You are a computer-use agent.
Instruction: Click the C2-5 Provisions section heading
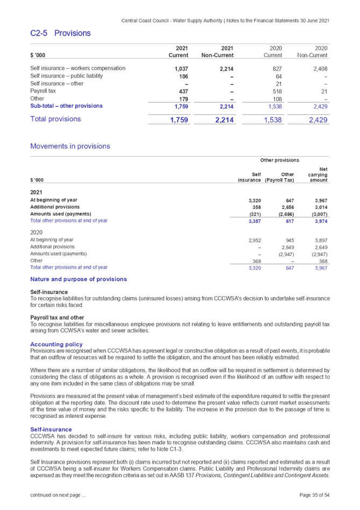pos(60,33)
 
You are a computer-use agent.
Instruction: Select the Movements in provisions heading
pos(70,146)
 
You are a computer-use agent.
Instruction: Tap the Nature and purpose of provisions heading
pos(79,280)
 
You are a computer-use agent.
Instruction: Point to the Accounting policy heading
pos(57,344)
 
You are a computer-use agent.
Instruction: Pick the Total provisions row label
pos(55,120)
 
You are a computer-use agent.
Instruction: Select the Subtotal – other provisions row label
pos(63,107)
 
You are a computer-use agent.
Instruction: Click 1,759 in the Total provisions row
pos(179,120)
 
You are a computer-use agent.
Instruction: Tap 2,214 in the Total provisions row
pos(224,120)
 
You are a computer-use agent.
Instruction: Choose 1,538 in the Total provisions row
pos(273,120)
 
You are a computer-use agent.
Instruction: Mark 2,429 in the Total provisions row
pos(318,120)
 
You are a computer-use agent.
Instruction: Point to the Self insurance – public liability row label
pos(66,76)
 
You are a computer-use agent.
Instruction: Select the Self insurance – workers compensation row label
pos(77,68)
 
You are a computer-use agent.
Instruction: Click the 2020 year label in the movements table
pos(36,233)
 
